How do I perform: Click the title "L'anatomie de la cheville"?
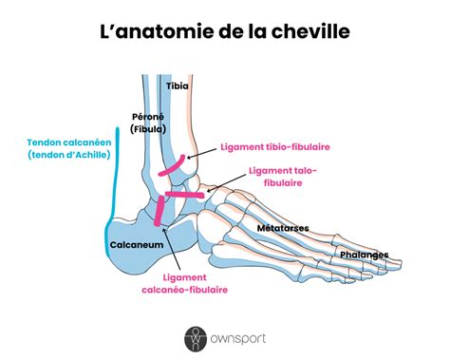point(224,32)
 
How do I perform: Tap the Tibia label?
point(178,85)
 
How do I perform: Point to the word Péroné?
point(148,116)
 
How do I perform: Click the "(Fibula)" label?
point(150,128)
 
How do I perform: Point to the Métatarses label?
point(280,229)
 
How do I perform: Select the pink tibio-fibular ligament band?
point(176,170)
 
